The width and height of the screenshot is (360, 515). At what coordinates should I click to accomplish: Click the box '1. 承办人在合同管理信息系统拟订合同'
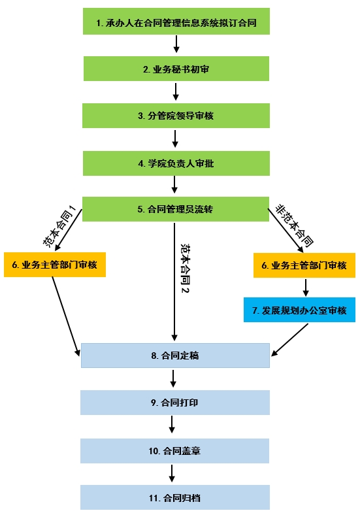pyautogui.click(x=176, y=22)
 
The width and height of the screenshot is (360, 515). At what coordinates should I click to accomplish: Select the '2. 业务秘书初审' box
pyautogui.click(x=176, y=69)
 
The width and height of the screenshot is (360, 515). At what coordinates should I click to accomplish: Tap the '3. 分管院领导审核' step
pyautogui.click(x=176, y=116)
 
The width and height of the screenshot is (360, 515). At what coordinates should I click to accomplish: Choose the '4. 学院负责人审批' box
pyautogui.click(x=176, y=163)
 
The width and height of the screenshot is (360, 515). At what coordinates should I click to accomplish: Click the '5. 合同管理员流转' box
pyautogui.click(x=176, y=209)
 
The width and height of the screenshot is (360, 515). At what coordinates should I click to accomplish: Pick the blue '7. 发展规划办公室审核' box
pyautogui.click(x=299, y=310)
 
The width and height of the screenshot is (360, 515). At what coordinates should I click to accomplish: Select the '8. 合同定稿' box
pyautogui.click(x=175, y=356)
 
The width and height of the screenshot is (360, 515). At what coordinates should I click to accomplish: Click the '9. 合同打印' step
pyautogui.click(x=175, y=403)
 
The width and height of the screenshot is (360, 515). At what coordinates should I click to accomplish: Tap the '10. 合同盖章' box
pyautogui.click(x=174, y=451)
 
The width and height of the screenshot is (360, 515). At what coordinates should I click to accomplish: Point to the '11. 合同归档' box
pyautogui.click(x=175, y=497)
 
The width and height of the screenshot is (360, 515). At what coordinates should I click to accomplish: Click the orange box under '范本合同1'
pyautogui.click(x=55, y=265)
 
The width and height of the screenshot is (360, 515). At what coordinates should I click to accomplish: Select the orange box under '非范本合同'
pyautogui.click(x=304, y=265)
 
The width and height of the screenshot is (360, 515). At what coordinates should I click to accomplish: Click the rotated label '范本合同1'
pyautogui.click(x=59, y=226)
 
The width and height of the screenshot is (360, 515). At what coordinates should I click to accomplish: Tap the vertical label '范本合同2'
pyautogui.click(x=186, y=268)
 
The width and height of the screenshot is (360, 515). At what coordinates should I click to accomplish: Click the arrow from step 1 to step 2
pyautogui.click(x=176, y=44)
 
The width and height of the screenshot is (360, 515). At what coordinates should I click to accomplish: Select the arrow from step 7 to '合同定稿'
pyautogui.click(x=289, y=340)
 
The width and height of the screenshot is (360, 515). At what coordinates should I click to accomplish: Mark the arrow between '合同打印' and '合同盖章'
pyautogui.click(x=172, y=424)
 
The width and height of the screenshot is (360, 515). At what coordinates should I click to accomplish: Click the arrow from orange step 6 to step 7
pyautogui.click(x=306, y=288)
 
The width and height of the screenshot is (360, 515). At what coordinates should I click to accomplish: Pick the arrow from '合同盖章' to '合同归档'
pyautogui.click(x=172, y=473)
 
